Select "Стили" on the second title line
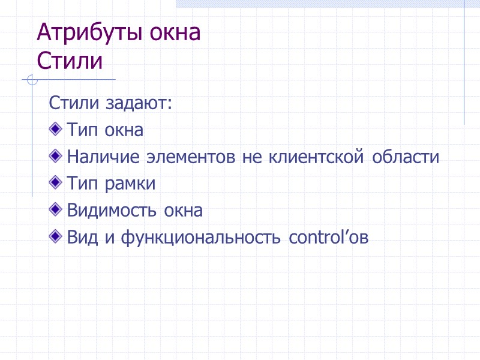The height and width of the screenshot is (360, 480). pos(70,61)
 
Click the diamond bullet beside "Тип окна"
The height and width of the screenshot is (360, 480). pos(56,129)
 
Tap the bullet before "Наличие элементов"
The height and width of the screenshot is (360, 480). pos(56,157)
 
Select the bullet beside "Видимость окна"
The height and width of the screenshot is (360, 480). pos(56,210)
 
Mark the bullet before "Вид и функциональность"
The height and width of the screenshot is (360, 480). pos(56,237)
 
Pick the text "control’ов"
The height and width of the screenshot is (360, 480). pos(328,238)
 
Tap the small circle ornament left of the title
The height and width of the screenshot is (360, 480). pos(32,80)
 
